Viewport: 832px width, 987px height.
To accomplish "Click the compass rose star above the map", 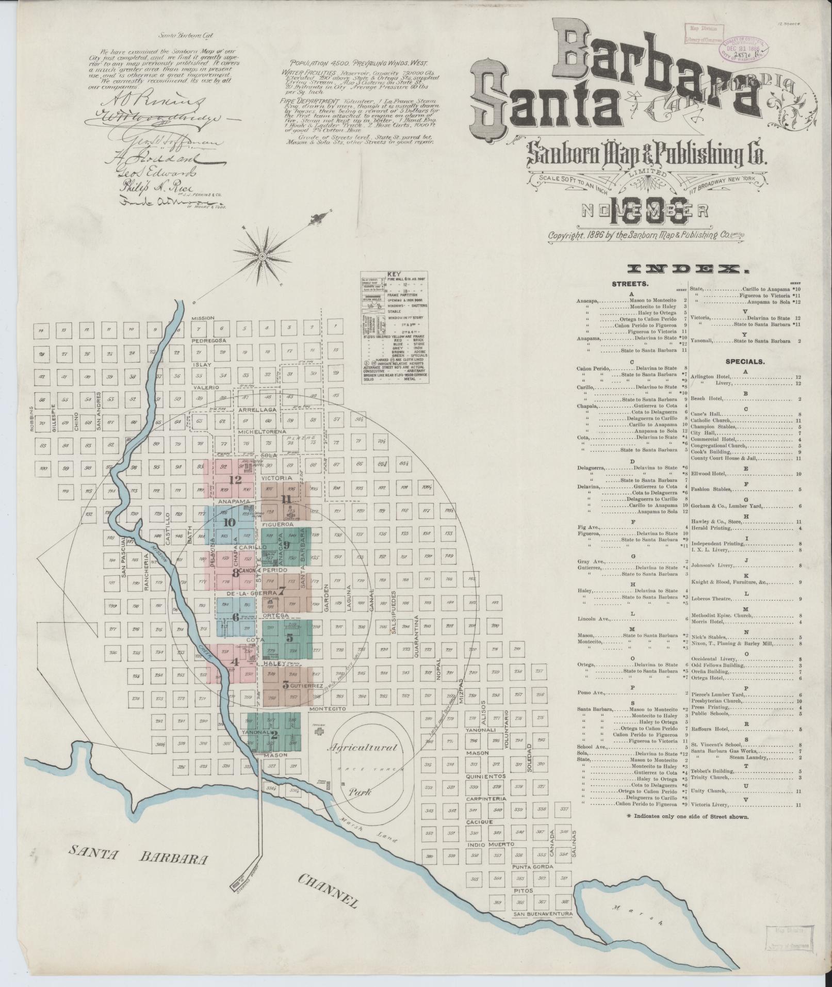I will click(x=262, y=255).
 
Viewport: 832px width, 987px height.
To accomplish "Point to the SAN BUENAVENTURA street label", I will click(x=543, y=928).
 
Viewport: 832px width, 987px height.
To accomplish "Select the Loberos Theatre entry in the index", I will click(x=712, y=599).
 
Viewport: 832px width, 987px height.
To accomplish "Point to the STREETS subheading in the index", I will click(x=630, y=284).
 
